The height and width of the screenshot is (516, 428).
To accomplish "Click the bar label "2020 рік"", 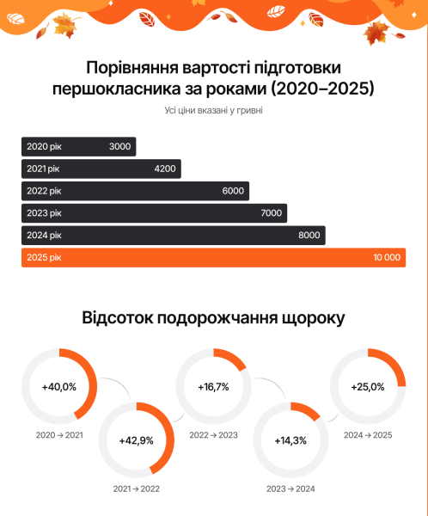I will pyautogui.click(x=45, y=146).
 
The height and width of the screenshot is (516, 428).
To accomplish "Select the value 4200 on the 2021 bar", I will pyautogui.click(x=165, y=169).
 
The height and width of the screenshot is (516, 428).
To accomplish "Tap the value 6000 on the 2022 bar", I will pyautogui.click(x=233, y=191).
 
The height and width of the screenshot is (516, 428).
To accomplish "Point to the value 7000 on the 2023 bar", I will pyautogui.click(x=272, y=212).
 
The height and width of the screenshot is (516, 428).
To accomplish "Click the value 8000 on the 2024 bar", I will pyautogui.click(x=309, y=235).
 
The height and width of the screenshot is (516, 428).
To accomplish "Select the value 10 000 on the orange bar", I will pyautogui.click(x=386, y=257).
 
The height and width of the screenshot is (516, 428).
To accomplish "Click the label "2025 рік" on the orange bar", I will pyautogui.click(x=45, y=257).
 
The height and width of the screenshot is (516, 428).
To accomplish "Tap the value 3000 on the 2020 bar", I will pyautogui.click(x=120, y=146).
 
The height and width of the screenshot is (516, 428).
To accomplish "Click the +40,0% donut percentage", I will pyautogui.click(x=59, y=386).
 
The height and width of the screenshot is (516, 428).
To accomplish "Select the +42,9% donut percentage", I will pyautogui.click(x=137, y=440).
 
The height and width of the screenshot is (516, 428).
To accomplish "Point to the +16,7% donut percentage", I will pyautogui.click(x=213, y=386).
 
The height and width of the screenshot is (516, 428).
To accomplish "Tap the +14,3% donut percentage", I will pyautogui.click(x=290, y=440).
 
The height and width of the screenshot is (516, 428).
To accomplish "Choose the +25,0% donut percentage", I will pyautogui.click(x=368, y=386).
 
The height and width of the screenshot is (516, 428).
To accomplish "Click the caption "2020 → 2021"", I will pyautogui.click(x=59, y=435).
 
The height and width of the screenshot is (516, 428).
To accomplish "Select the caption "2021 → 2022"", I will pyautogui.click(x=137, y=488).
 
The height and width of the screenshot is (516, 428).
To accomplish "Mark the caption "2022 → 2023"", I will pyautogui.click(x=213, y=435).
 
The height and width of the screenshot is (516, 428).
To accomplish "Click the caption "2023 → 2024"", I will pyautogui.click(x=290, y=488).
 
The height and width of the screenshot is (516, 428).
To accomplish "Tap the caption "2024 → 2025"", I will pyautogui.click(x=368, y=435).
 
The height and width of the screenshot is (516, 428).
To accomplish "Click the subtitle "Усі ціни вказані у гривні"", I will pyautogui.click(x=214, y=110).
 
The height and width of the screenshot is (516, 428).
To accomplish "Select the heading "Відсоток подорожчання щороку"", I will pyautogui.click(x=214, y=317).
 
